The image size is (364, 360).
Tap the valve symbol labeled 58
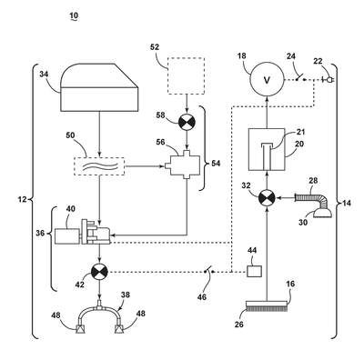[x=187, y=122]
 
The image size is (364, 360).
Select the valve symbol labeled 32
[x=267, y=199]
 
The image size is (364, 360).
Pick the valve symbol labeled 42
[x=100, y=271]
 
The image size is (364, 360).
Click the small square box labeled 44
[x=254, y=271]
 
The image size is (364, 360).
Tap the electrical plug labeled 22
[x=329, y=80]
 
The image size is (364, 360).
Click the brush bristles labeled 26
[x=267, y=309]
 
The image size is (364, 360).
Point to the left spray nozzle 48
[x=80, y=328]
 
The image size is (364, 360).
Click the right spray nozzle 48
[x=119, y=328]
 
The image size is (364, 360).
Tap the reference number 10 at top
[x=74, y=15]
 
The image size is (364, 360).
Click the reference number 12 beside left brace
[x=22, y=199]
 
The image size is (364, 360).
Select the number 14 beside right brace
[x=347, y=203]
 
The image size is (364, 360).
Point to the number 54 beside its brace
[x=216, y=164]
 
